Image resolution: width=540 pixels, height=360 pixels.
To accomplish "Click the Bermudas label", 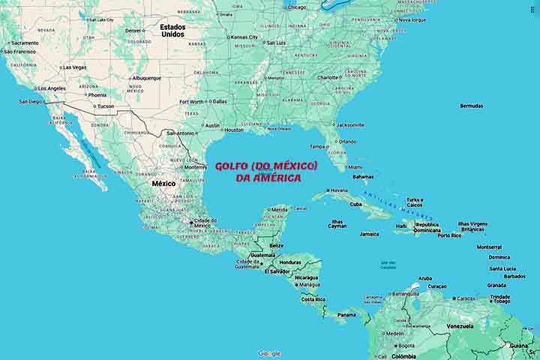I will [472, 106].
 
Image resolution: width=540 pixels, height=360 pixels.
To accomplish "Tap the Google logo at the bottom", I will [269, 353].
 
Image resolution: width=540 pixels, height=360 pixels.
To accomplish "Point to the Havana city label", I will [338, 190].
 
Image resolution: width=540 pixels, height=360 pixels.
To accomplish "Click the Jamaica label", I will [369, 234].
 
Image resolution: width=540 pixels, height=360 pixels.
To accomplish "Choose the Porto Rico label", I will [450, 235].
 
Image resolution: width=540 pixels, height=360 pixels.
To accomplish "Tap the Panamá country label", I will [346, 315].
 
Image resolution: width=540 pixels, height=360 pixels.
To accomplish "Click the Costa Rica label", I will [313, 299].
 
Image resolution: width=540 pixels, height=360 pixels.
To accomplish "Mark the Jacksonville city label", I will [350, 124].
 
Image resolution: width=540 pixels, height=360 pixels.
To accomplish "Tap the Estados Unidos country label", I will [172, 30].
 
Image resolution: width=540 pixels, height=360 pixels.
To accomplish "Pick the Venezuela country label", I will [460, 326].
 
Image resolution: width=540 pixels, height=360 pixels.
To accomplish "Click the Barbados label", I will [514, 276].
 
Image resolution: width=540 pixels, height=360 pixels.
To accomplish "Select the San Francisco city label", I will [19, 52].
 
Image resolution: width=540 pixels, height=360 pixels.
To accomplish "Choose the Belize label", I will [277, 245].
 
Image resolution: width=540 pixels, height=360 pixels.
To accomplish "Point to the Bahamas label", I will [363, 177].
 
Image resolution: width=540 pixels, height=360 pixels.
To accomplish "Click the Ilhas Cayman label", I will [337, 223].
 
